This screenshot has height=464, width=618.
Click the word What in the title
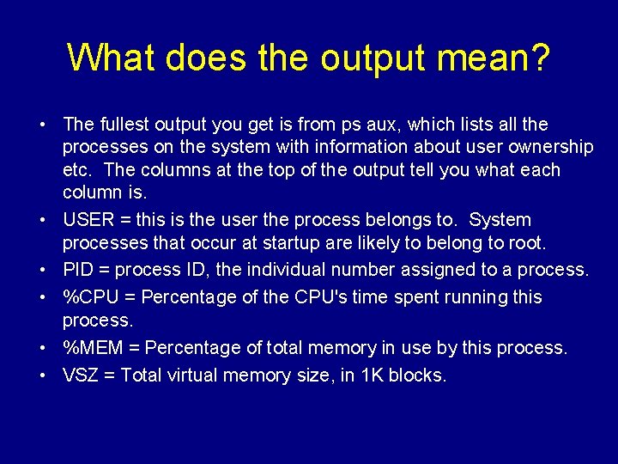(x=112, y=58)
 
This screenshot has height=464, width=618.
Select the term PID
(x=78, y=270)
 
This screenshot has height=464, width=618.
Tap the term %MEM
(x=95, y=348)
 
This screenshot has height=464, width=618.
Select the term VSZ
(x=81, y=375)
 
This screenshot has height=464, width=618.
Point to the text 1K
(x=373, y=375)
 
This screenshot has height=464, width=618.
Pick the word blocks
(x=418, y=375)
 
